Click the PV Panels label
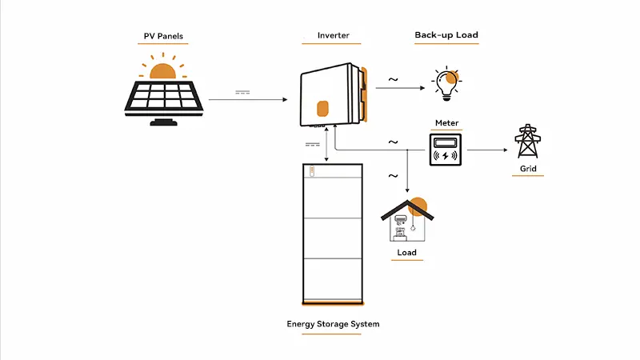[162, 36]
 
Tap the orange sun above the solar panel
[163, 71]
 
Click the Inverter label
[333, 36]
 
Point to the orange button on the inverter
[323, 108]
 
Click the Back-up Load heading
[446, 36]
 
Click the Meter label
[446, 123]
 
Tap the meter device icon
[446, 150]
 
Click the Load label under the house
[406, 253]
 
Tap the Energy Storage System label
[333, 324]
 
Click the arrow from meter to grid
[487, 150]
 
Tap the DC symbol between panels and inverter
[244, 93]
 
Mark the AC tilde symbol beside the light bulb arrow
[393, 79]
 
